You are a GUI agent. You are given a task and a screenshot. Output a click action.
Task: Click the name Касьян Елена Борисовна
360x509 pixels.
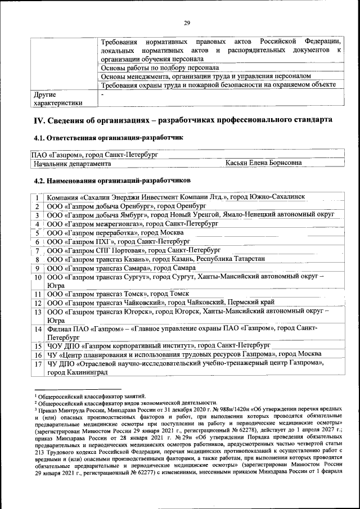pyautogui.click(x=263, y=163)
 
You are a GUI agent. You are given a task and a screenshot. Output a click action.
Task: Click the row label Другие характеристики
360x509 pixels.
pyautogui.click(x=58, y=99)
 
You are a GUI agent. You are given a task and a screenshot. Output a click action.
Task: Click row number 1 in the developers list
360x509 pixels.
pyautogui.click(x=37, y=197)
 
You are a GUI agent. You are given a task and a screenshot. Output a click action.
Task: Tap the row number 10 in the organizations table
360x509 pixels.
pyautogui.click(x=37, y=277)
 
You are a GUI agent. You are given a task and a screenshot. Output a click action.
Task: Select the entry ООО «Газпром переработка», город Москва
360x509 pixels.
pyautogui.click(x=115, y=233)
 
